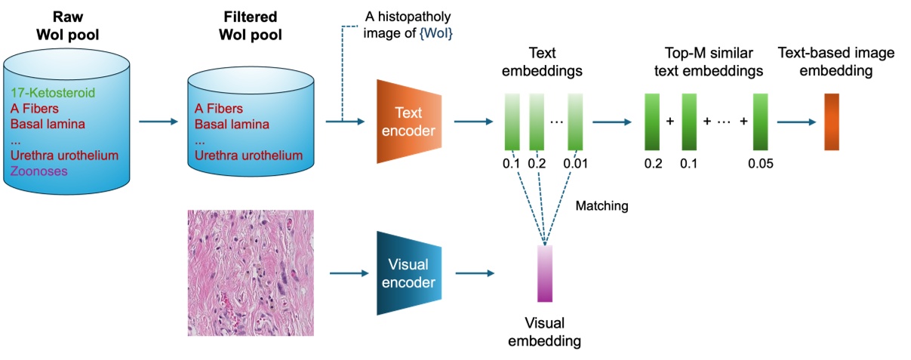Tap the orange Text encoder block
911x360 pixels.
[x=408, y=122]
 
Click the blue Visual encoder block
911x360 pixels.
[x=408, y=272]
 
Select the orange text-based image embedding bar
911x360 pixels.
[x=832, y=122]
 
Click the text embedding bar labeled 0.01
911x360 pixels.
[x=577, y=122]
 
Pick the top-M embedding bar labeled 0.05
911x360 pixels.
[x=760, y=122]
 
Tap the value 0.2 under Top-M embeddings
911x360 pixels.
[x=654, y=162]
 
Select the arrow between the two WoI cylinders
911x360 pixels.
[x=158, y=122]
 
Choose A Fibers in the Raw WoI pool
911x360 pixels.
[x=35, y=109]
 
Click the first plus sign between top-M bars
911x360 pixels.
[x=670, y=122]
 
